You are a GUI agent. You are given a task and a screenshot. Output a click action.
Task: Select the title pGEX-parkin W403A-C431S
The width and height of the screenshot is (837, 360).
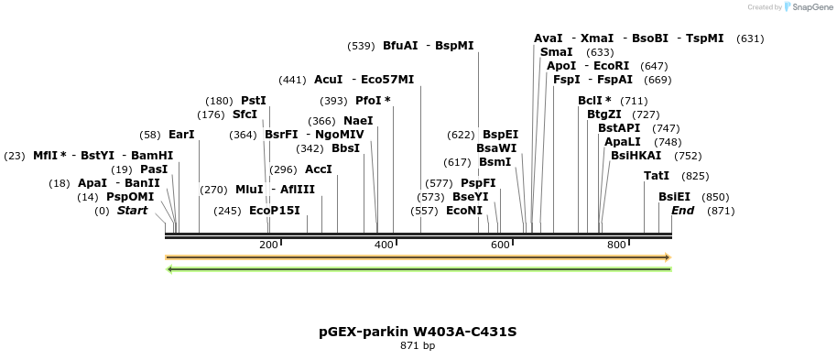(x=418, y=331)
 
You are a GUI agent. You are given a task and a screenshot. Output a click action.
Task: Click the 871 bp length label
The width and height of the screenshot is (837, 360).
(x=418, y=345)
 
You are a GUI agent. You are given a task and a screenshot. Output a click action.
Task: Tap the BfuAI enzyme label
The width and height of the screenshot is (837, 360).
(x=400, y=45)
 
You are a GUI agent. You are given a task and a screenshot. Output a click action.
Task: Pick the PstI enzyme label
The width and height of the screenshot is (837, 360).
(x=253, y=101)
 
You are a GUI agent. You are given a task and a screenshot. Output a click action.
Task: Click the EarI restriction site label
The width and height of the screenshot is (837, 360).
(x=181, y=135)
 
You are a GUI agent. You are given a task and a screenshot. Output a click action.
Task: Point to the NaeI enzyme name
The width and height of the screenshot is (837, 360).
(x=358, y=121)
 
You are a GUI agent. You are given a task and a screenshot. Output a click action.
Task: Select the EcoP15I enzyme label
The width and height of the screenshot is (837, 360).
(x=275, y=211)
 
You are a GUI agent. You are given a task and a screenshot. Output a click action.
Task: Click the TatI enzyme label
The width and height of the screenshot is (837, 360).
(x=656, y=176)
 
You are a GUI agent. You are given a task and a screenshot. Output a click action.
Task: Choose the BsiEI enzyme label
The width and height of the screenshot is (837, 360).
(x=674, y=197)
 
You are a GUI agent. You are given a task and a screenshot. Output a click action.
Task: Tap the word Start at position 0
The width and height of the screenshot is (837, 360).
(x=132, y=211)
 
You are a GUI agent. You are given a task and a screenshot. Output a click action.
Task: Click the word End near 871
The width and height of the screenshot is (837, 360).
(x=682, y=211)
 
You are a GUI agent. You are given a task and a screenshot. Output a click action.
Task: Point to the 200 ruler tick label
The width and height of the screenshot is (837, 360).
(x=268, y=245)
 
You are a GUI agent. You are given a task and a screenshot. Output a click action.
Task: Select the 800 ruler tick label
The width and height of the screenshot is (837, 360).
(x=616, y=245)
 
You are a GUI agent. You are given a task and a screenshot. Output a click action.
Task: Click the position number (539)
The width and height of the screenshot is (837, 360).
(x=362, y=46)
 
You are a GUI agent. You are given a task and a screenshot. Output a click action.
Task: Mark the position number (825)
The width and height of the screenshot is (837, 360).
(x=695, y=176)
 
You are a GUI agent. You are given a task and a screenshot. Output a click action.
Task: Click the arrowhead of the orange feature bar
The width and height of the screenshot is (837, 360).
(x=668, y=257)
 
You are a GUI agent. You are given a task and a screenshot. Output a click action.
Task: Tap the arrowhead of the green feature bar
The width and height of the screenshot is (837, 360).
(x=169, y=268)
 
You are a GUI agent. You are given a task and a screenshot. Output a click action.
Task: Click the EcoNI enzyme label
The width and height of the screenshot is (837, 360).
(x=463, y=211)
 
